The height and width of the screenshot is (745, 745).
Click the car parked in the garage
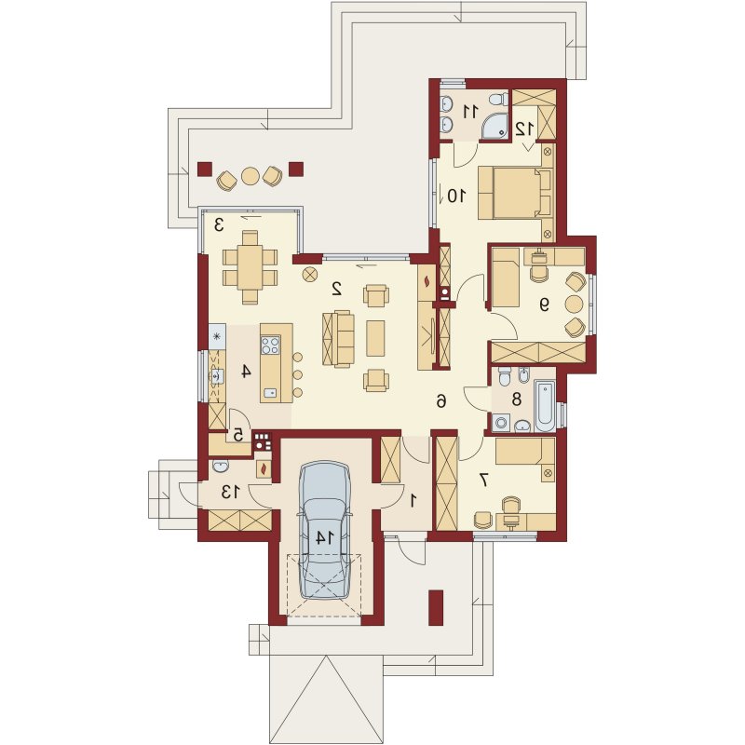point(325,530)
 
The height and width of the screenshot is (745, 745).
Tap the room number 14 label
point(325,537)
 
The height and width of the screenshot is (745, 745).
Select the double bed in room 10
point(515,193)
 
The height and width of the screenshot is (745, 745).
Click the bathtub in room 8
point(546,404)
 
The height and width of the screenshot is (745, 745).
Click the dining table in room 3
point(250,267)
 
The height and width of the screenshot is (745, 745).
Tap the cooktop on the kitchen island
point(270,345)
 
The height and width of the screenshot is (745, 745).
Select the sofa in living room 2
point(338,338)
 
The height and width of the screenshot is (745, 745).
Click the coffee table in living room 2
point(375,338)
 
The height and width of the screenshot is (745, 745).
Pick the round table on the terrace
point(251,176)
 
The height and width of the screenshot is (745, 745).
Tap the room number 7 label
point(483,480)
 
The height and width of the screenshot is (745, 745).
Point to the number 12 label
point(525,128)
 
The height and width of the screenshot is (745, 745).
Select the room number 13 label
point(230,493)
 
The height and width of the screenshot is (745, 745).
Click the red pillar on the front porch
point(436,608)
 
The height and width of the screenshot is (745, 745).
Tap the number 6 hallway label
point(441,402)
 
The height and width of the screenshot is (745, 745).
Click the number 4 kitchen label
point(245,371)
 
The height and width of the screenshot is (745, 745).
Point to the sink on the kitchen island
point(270,392)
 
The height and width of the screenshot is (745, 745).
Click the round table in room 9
point(574,305)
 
